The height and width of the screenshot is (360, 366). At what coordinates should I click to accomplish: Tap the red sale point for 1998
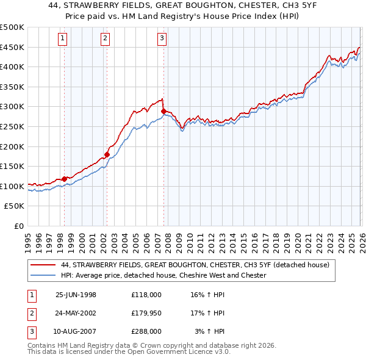(65, 179)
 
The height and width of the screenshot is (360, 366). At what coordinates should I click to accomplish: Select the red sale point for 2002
(107, 154)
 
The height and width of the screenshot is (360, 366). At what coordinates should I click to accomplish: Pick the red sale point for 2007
(163, 111)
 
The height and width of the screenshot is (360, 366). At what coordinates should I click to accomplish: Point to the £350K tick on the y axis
(12, 87)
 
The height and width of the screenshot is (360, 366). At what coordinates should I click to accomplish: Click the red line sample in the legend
(44, 265)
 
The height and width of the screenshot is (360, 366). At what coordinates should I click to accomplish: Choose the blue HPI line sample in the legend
(44, 276)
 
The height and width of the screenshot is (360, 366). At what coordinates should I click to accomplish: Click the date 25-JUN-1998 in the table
(76, 295)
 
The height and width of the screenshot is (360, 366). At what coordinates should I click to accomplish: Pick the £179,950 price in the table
(146, 313)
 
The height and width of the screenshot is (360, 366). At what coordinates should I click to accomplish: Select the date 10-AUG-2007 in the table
(76, 331)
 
